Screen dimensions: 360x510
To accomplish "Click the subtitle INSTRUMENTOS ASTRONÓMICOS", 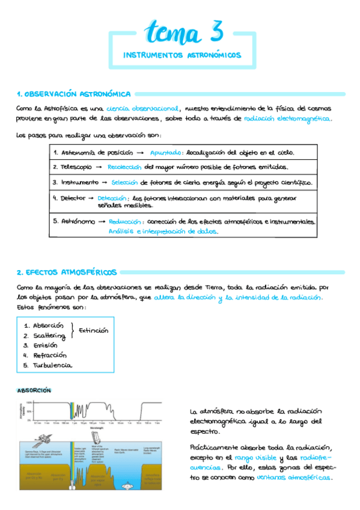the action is pyautogui.click(x=182, y=55).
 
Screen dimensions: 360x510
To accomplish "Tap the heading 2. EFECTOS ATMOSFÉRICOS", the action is pyautogui.click(x=67, y=272).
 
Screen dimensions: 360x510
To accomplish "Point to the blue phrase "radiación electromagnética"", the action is pyautogui.click(x=287, y=119).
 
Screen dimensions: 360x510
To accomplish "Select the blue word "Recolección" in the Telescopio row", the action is pyautogui.click(x=124, y=167).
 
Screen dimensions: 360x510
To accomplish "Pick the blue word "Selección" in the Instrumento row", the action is pyautogui.click(x=123, y=182).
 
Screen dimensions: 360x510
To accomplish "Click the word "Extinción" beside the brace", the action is pyautogui.click(x=94, y=330).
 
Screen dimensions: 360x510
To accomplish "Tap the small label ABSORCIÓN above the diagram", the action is pyautogui.click(x=34, y=390).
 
